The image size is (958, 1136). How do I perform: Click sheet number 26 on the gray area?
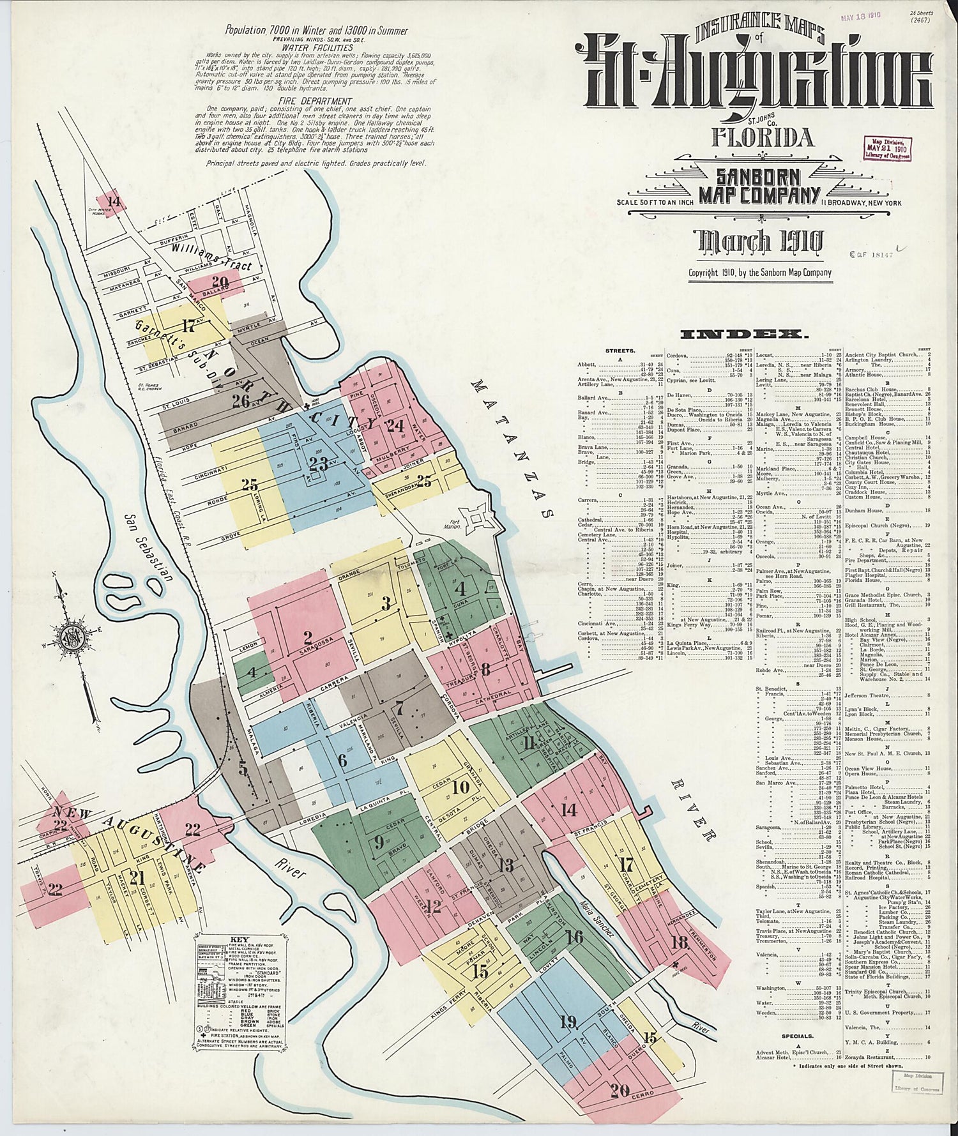241,401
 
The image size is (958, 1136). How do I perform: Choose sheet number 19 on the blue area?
567,1022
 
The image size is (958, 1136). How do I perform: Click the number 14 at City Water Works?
114,202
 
